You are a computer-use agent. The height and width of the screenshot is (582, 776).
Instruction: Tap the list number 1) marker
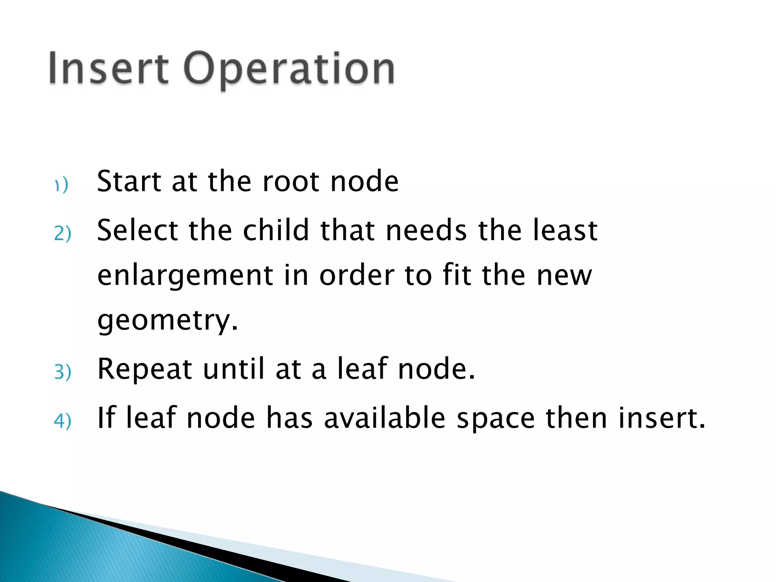coord(61,185)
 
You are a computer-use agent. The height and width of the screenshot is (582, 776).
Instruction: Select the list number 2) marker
coord(63,233)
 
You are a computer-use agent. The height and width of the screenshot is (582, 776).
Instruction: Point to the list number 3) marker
coord(63,372)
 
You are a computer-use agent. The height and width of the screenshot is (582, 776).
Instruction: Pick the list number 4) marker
coord(63,421)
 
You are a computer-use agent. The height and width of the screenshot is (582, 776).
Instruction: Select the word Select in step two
coord(138,230)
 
